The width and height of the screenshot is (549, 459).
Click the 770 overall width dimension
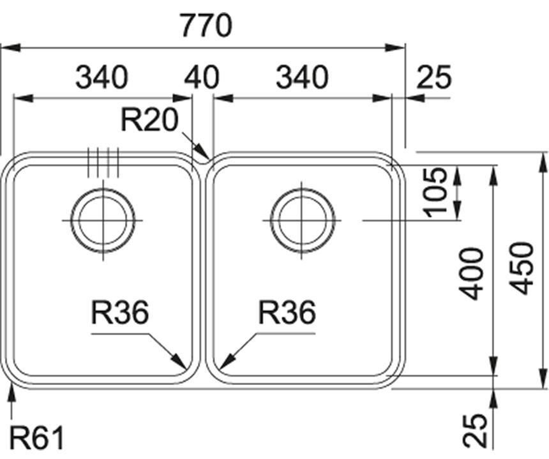[205, 26]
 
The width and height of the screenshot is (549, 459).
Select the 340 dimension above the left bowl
[102, 77]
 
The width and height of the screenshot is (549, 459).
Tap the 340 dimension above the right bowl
[302, 77]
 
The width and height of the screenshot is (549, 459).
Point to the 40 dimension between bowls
[202, 77]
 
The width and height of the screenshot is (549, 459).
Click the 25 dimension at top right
[433, 77]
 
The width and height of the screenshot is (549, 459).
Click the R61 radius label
[38, 439]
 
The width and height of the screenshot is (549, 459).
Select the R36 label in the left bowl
[120, 313]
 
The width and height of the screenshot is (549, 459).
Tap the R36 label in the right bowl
[287, 313]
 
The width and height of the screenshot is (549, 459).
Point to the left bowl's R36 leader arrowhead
[184, 366]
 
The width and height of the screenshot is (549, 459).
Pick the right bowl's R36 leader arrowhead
[221, 366]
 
